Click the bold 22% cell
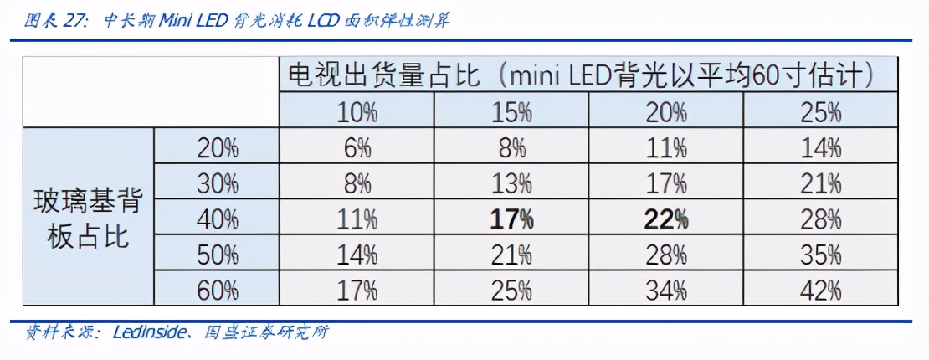(666, 219)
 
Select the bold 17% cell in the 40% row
(512, 219)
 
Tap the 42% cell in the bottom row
(820, 291)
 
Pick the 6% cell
(357, 148)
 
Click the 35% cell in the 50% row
(820, 255)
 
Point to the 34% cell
(666, 291)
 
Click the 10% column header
(357, 111)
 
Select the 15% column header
(512, 111)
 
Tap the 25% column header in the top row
(820, 111)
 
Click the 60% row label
(218, 291)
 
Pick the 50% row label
(218, 255)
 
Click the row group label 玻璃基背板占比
(88, 219)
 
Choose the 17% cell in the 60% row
(357, 291)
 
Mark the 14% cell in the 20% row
(820, 148)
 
